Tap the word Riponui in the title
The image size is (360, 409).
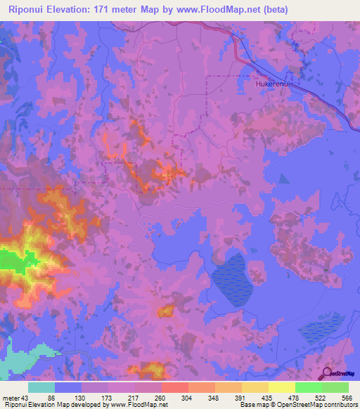30,10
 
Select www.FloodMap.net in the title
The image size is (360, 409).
219,10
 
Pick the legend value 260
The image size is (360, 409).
161,398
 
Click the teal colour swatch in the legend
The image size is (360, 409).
41,387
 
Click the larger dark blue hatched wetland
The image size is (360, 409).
231,280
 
